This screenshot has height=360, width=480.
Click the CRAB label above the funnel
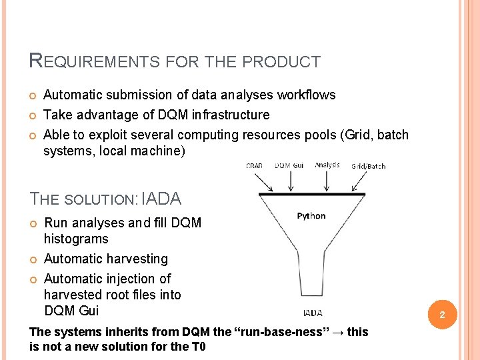[254, 165]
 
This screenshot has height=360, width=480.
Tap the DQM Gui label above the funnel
[289, 165]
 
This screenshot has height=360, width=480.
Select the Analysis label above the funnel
[327, 165]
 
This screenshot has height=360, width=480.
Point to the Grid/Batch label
[368, 166]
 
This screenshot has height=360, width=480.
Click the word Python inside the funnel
[311, 215]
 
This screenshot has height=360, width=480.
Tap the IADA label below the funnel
[313, 313]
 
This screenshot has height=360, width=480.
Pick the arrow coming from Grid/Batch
[362, 181]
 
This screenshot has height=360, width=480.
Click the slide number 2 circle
[440, 314]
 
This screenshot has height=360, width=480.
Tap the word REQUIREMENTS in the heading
[94, 62]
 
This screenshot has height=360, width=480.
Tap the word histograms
[76, 239]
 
